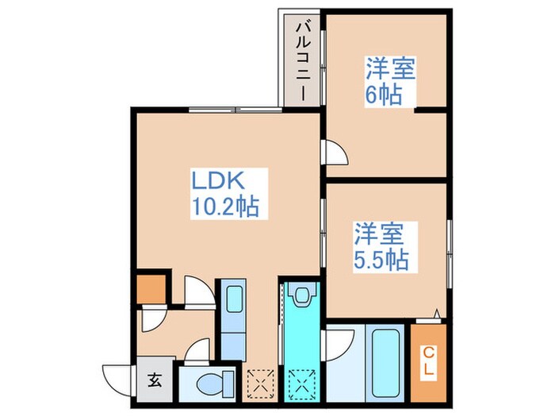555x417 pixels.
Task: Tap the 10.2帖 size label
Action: pyautogui.click(x=224, y=207)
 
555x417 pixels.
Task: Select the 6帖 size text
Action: pyautogui.click(x=383, y=95)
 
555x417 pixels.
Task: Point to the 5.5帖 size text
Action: pyautogui.click(x=381, y=260)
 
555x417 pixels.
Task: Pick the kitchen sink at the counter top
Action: pyautogui.click(x=235, y=299)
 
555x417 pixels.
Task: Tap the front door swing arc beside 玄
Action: pyautogui.click(x=118, y=376)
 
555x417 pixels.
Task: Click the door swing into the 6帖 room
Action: pyautogui.click(x=335, y=153)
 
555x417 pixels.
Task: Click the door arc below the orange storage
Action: pyautogui.click(x=151, y=319)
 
